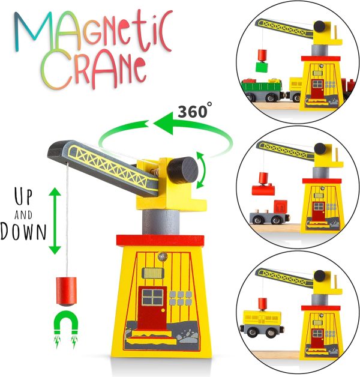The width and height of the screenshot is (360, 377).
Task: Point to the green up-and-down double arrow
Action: click(x=55, y=220)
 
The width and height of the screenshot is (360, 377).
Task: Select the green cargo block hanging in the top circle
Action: click(x=261, y=67)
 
